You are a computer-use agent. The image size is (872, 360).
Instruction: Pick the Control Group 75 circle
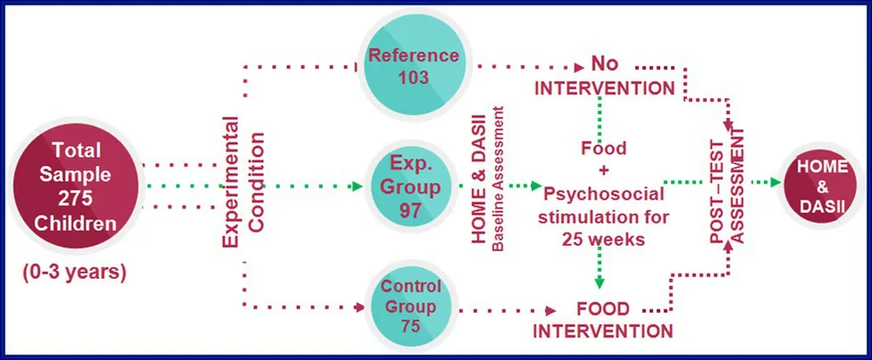point(412,306)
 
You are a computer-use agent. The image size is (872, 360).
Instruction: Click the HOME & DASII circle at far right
point(822,186)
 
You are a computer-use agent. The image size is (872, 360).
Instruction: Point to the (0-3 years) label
point(75,273)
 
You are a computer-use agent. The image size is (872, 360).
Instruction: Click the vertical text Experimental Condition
point(243,182)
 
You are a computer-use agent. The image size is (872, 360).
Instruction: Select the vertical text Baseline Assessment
point(498,178)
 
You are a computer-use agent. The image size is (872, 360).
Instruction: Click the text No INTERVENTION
point(605,77)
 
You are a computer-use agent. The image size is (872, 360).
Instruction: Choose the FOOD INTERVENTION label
point(603,320)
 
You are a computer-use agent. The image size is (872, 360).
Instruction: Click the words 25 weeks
point(603,239)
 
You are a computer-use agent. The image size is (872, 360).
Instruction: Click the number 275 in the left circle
point(75,199)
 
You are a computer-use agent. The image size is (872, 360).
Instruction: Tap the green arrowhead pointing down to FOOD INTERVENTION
point(599,282)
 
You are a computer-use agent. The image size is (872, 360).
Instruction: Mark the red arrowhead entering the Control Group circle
point(360,307)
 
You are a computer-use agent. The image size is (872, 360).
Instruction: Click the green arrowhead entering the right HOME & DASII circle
point(775,182)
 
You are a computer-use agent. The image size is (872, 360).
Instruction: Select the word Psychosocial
point(603,195)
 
